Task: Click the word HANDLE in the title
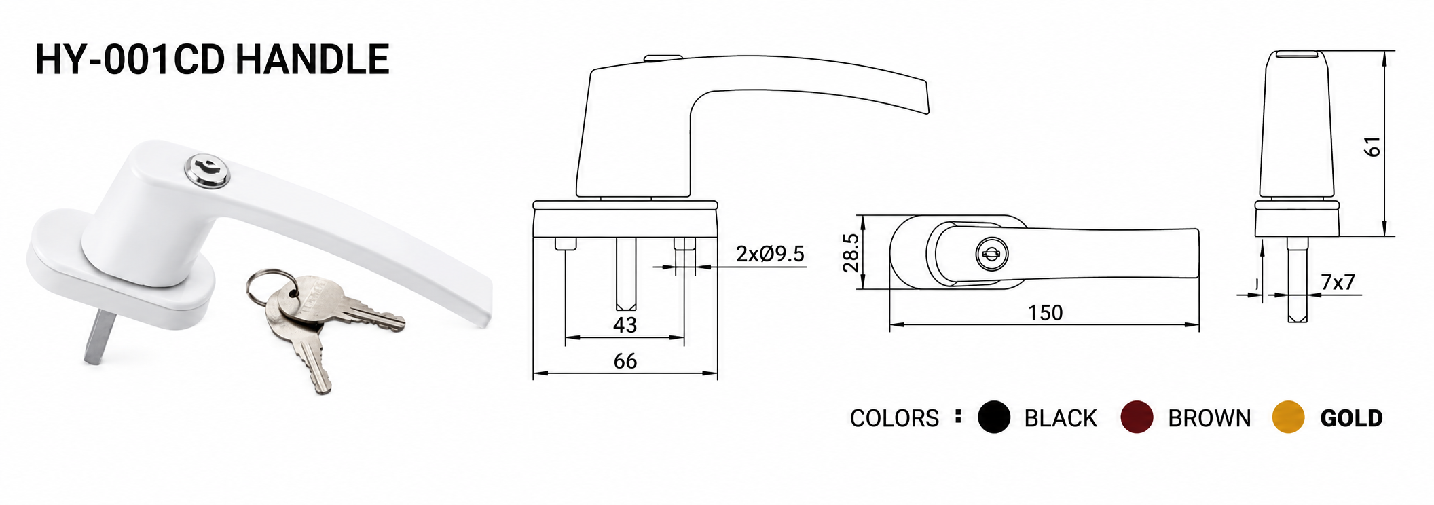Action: point(313,59)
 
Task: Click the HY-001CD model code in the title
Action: point(130,59)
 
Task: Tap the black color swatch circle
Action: point(994,417)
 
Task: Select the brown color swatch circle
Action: point(1137,417)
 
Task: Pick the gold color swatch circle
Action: point(1288,417)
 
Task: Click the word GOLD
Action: point(1351,418)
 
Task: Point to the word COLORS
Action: point(894,418)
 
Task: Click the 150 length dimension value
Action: point(1045,313)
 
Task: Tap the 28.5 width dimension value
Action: point(851,252)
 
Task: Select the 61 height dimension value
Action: point(1372,147)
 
